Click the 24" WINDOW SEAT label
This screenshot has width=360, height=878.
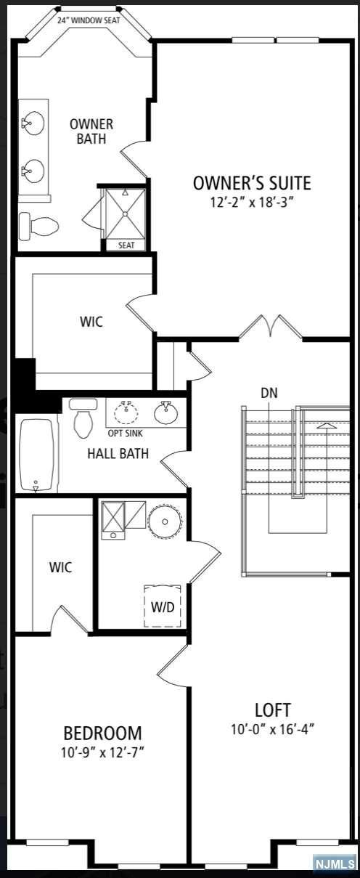[89, 20]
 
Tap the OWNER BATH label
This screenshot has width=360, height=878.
[91, 131]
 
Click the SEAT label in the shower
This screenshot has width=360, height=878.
[126, 245]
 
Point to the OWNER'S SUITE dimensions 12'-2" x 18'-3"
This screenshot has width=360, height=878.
[252, 202]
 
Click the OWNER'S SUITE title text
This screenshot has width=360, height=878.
[252, 182]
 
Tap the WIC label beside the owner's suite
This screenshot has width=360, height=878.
[91, 322]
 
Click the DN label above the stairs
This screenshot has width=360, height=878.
[269, 393]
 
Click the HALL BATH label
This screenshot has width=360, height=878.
[118, 454]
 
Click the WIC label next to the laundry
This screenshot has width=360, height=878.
[61, 567]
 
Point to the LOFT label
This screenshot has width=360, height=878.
[273, 710]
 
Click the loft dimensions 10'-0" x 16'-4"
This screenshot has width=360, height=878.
[273, 728]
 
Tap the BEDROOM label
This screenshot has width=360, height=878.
[102, 733]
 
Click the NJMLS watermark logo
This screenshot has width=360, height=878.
[335, 863]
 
